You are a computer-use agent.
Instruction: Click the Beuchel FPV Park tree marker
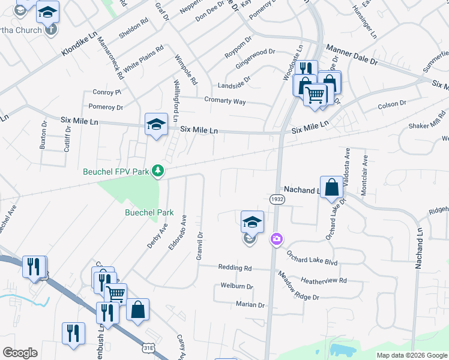point(158,172)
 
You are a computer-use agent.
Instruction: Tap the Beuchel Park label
point(149,212)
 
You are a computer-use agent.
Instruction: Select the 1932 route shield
point(277,198)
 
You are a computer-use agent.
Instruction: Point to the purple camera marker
point(276,239)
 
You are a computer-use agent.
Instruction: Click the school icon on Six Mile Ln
point(156,124)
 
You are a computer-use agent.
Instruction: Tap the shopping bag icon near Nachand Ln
point(331,187)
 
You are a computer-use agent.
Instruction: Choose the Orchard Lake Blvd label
point(312,259)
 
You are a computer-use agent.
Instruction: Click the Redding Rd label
point(235,268)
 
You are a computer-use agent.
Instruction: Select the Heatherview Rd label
point(324,280)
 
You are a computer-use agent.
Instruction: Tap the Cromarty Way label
point(224,101)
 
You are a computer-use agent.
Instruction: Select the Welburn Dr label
point(237,286)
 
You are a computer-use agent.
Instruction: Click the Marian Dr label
point(250,305)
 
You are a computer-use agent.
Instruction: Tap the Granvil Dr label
point(200,247)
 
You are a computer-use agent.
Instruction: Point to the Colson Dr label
point(392,104)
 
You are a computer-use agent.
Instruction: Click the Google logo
point(20,353)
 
